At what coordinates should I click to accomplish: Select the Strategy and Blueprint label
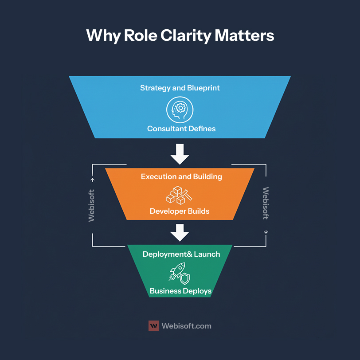(180, 88)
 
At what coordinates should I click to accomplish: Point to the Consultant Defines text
(181, 129)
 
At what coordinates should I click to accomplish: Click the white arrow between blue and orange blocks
(180, 154)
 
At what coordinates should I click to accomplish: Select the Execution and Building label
(181, 176)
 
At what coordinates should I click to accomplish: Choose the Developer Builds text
(180, 211)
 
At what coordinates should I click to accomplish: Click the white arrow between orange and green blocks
(180, 233)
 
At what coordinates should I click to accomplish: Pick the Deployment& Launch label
(181, 254)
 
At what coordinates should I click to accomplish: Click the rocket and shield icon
(180, 273)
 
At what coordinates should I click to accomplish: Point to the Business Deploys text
(180, 291)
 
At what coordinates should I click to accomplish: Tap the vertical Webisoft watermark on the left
(92, 205)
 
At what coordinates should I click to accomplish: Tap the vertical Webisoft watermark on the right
(266, 203)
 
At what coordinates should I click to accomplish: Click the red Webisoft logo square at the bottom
(153, 326)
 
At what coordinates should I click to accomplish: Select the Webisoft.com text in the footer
(186, 326)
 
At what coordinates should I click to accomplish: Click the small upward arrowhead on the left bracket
(93, 180)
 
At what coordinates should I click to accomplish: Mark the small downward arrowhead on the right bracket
(266, 232)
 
